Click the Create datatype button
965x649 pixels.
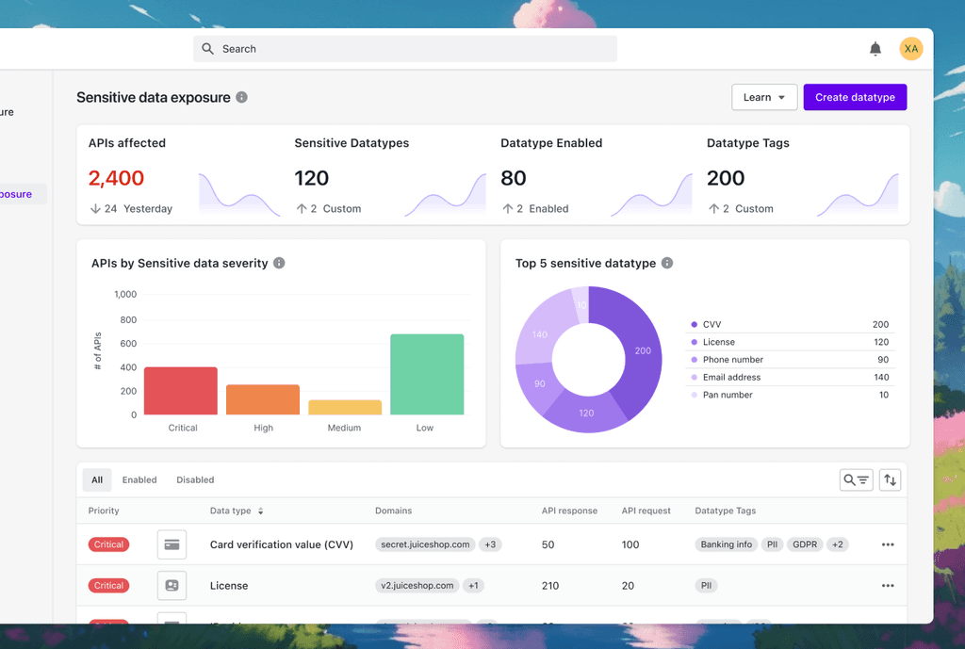[x=855, y=97]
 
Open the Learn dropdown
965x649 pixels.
[x=764, y=97]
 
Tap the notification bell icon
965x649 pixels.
[x=875, y=49]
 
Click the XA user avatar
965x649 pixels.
[x=911, y=49]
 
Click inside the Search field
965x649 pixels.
[x=405, y=49]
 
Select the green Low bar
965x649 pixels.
[x=427, y=374]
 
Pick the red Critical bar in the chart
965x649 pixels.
[x=181, y=391]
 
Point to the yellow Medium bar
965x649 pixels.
[x=345, y=407]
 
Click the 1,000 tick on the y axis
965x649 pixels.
[x=125, y=295]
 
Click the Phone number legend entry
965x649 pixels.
[x=732, y=360]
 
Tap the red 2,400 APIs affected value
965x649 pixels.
[x=116, y=178]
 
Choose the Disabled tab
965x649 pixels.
[x=195, y=480]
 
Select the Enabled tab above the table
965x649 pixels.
[x=139, y=480]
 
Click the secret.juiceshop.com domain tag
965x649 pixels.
[x=424, y=544]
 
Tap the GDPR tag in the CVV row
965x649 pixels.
[x=804, y=544]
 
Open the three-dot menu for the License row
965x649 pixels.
[x=887, y=586]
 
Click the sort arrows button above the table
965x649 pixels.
[x=890, y=480]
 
